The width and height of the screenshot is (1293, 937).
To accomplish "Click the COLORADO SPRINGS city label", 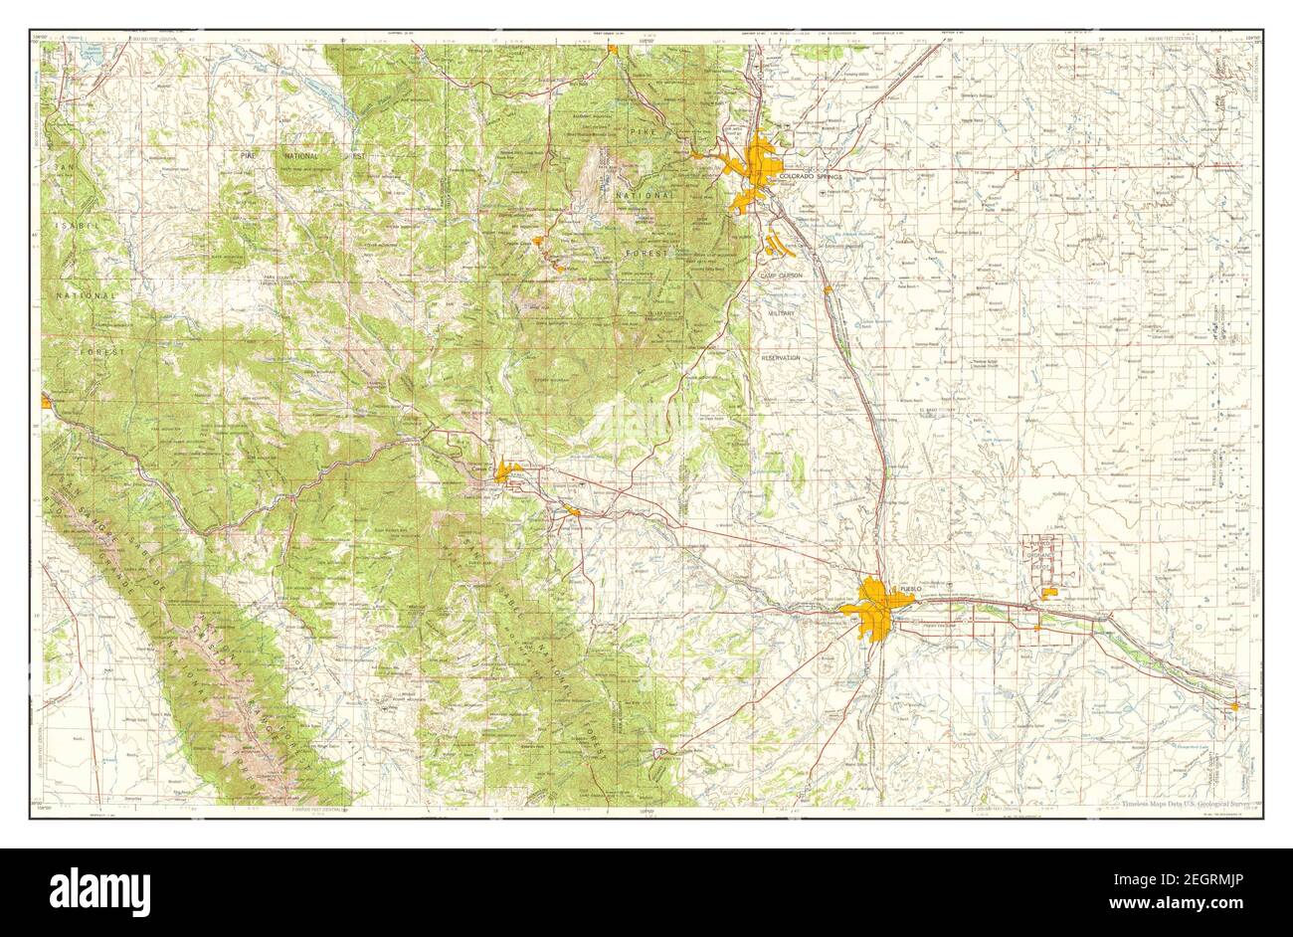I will tap(811, 176).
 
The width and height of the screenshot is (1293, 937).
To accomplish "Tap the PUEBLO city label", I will tap(909, 590).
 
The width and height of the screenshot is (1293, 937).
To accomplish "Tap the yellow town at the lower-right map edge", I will tap(1234, 705).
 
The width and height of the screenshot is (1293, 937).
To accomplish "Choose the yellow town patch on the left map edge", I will tap(47, 401).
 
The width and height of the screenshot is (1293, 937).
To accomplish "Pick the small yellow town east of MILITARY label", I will tap(828, 290).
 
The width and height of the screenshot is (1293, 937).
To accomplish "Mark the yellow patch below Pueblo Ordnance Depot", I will tap(1050, 594).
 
